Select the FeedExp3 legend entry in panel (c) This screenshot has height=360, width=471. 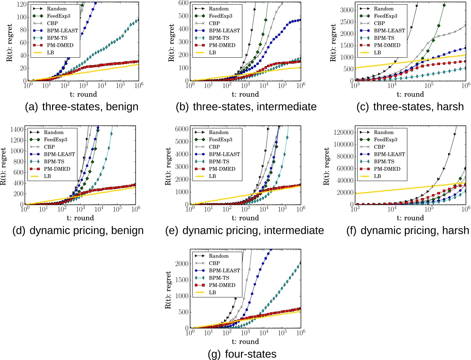(385, 16)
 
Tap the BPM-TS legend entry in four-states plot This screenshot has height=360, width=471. (219, 278)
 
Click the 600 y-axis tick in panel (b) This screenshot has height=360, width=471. (183, 3)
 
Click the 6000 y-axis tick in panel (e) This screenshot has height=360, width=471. (182, 129)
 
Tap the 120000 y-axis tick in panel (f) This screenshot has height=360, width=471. (343, 133)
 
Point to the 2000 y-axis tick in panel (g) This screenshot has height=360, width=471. (182, 264)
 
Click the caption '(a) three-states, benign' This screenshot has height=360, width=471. (82, 107)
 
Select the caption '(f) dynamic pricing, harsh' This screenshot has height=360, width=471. (408, 231)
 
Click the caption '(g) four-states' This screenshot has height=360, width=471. (242, 354)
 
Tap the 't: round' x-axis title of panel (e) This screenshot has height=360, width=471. (245, 218)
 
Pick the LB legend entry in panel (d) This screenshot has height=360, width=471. (47, 176)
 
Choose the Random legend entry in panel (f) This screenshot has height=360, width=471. (383, 132)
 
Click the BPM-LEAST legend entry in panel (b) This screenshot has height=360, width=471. (224, 31)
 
